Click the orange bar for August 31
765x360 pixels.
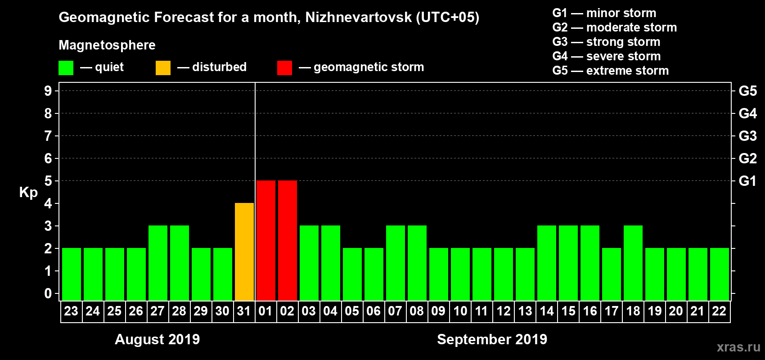click(244, 252)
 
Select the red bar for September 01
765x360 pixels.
click(266, 241)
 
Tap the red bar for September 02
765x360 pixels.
click(288, 241)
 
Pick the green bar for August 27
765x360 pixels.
click(158, 263)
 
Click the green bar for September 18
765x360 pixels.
click(633, 263)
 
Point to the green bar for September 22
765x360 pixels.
click(720, 274)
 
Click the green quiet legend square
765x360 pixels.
click(66, 68)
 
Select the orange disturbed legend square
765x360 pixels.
click(163, 68)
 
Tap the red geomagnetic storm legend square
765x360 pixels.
click(284, 68)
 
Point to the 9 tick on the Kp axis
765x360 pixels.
click(48, 91)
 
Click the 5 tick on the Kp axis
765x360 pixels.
click(48, 181)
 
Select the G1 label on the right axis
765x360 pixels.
click(747, 181)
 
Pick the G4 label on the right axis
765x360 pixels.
click(747, 113)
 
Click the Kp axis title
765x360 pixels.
click(28, 193)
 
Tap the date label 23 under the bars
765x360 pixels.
click(71, 311)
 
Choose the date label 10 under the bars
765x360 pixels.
click(460, 311)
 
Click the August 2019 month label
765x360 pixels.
click(157, 339)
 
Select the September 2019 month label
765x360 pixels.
click(492, 339)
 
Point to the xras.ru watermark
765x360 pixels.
click(738, 347)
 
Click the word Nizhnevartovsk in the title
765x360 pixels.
click(358, 18)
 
